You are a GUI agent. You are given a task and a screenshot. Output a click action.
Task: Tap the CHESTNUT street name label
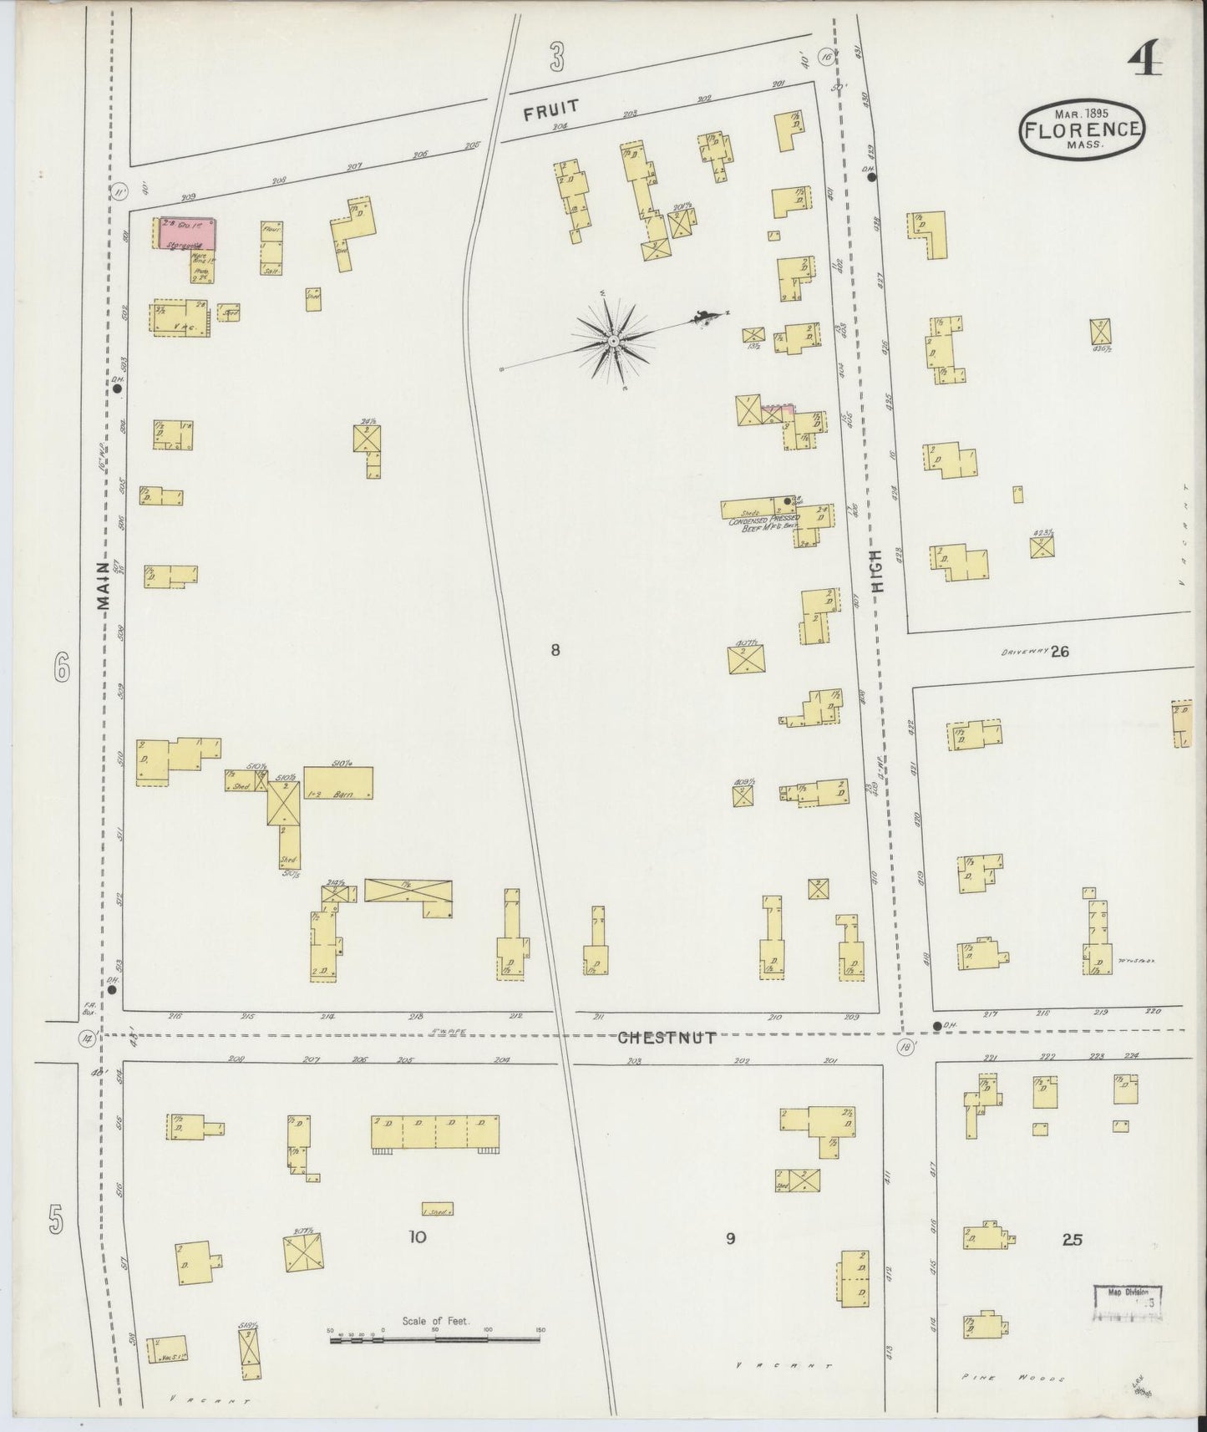[x=667, y=1038]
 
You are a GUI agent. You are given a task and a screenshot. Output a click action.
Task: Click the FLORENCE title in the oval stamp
[x=1081, y=129]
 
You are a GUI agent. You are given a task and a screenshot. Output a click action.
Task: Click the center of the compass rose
[x=613, y=341]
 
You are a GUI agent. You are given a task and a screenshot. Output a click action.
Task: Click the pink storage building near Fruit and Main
[x=188, y=233]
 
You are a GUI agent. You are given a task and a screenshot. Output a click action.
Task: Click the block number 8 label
[x=555, y=650]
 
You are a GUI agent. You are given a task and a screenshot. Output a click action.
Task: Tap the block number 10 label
[x=417, y=1237]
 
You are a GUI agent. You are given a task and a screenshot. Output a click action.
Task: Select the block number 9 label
[x=730, y=1239]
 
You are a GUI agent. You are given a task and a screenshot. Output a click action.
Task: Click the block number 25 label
[x=1073, y=1240]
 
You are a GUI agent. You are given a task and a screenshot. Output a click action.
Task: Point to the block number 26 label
[x=1059, y=652]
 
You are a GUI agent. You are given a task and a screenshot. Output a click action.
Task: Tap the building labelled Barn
[x=337, y=784]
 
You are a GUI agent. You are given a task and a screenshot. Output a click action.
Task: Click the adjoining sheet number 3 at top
[x=557, y=58]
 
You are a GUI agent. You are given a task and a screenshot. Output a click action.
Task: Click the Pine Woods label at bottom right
[x=1010, y=1379]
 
